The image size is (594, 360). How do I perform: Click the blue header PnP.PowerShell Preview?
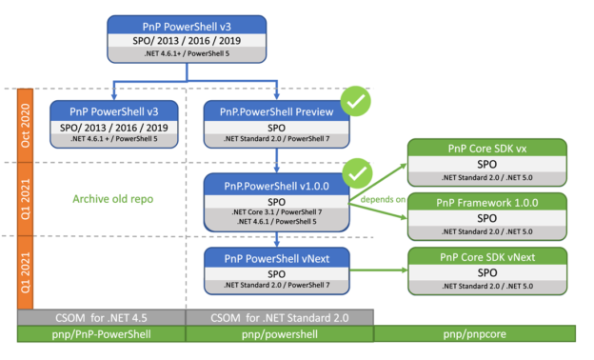tap(277, 112)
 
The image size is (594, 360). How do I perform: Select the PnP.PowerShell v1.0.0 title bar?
tap(277, 183)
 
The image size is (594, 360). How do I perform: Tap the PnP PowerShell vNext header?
tap(277, 257)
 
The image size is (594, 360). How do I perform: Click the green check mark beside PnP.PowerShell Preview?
tap(356, 99)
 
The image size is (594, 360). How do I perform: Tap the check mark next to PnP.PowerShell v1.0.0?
tap(356, 173)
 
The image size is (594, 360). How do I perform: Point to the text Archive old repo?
tap(112, 199)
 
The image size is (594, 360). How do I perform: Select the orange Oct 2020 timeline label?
tap(26, 125)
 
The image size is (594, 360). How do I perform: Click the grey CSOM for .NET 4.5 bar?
tap(100, 316)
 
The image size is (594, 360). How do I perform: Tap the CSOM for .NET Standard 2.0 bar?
tap(279, 316)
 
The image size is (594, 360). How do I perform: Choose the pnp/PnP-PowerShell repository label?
tap(100, 335)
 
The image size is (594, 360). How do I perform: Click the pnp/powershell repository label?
tap(279, 335)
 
